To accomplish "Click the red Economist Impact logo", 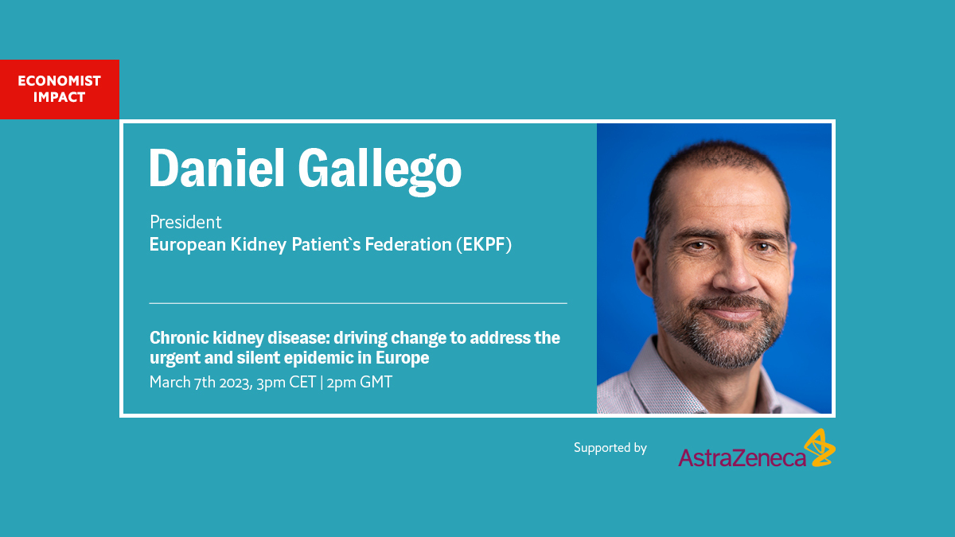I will click(x=59, y=89).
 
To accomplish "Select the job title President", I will click(x=185, y=222).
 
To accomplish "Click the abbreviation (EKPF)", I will click(x=484, y=245).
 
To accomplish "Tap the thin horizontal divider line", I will click(x=358, y=303).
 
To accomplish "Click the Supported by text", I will click(x=610, y=448).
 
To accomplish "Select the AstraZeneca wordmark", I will click(x=742, y=457).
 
